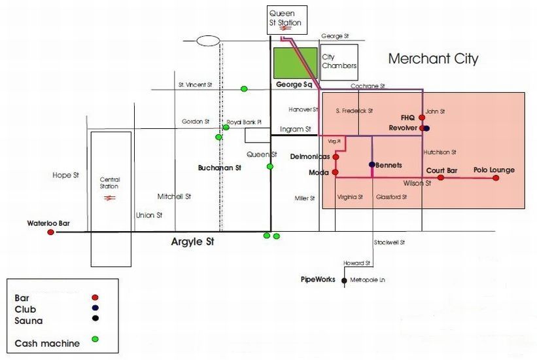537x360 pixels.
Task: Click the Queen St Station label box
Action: click(286, 18)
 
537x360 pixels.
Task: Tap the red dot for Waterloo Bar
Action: click(50, 232)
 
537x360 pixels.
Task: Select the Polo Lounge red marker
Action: click(496, 177)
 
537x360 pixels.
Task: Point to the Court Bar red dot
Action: click(441, 177)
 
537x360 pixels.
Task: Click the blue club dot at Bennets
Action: click(372, 164)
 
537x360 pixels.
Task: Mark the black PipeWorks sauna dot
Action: click(344, 280)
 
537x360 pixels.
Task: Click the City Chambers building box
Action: click(339, 62)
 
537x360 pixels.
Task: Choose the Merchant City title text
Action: click(433, 59)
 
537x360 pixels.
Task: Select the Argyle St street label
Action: click(193, 243)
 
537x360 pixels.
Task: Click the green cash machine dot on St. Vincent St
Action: click(244, 88)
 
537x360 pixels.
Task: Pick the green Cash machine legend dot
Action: click(95, 338)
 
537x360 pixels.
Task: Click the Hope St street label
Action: click(65, 175)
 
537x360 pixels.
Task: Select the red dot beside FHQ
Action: click(421, 118)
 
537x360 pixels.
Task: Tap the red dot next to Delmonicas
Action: click(336, 157)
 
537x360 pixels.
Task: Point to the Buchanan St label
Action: click(220, 168)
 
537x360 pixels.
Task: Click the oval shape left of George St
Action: click(208, 41)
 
